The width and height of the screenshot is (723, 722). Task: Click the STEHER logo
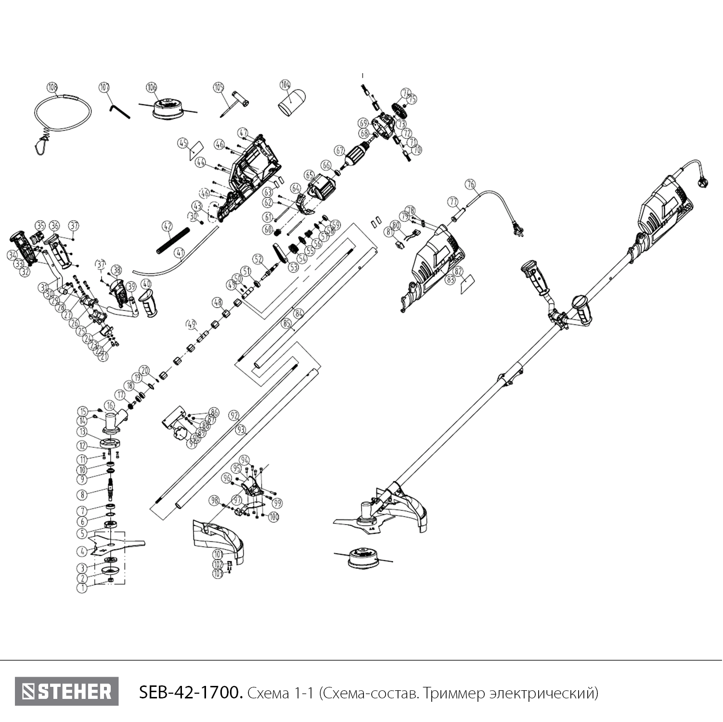[66, 692]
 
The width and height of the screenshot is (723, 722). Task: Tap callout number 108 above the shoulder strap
[52, 87]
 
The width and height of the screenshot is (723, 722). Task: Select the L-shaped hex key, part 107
[118, 111]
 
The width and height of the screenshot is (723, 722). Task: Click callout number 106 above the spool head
[152, 87]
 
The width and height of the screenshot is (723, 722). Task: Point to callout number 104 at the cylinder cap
[285, 85]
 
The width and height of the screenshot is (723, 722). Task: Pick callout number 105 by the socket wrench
[219, 87]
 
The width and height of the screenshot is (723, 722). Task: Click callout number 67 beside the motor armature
[340, 151]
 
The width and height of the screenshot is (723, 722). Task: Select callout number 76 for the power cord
[470, 184]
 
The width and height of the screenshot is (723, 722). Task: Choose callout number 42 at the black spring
[167, 225]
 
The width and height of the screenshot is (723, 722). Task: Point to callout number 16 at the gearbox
[110, 406]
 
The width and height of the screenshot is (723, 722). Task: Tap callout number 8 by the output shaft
[83, 494]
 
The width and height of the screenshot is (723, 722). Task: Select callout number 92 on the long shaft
[234, 415]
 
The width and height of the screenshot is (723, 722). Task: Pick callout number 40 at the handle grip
[146, 284]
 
